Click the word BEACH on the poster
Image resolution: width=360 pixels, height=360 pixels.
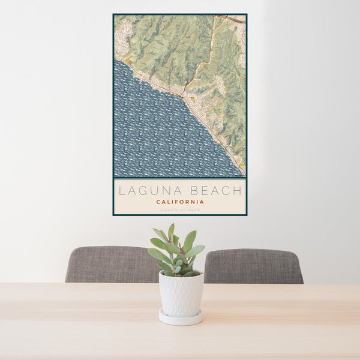pyautogui.click(x=214, y=191)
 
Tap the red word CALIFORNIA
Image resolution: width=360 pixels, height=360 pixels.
pyautogui.click(x=180, y=202)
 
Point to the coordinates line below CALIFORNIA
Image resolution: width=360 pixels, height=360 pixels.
pyautogui.click(x=180, y=209)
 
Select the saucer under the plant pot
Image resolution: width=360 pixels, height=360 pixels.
pyautogui.click(x=181, y=318)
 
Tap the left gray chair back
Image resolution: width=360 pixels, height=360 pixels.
pyautogui.click(x=108, y=264)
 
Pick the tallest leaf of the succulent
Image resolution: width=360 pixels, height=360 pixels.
pyautogui.click(x=171, y=231)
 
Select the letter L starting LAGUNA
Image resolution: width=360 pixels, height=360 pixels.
pyautogui.click(x=122, y=191)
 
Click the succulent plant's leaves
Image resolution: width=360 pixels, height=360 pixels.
pyautogui.click(x=177, y=252)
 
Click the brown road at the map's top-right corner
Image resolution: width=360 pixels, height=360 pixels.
pyautogui.click(x=237, y=19)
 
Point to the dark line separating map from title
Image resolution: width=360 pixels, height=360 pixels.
pyautogui.click(x=180, y=178)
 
